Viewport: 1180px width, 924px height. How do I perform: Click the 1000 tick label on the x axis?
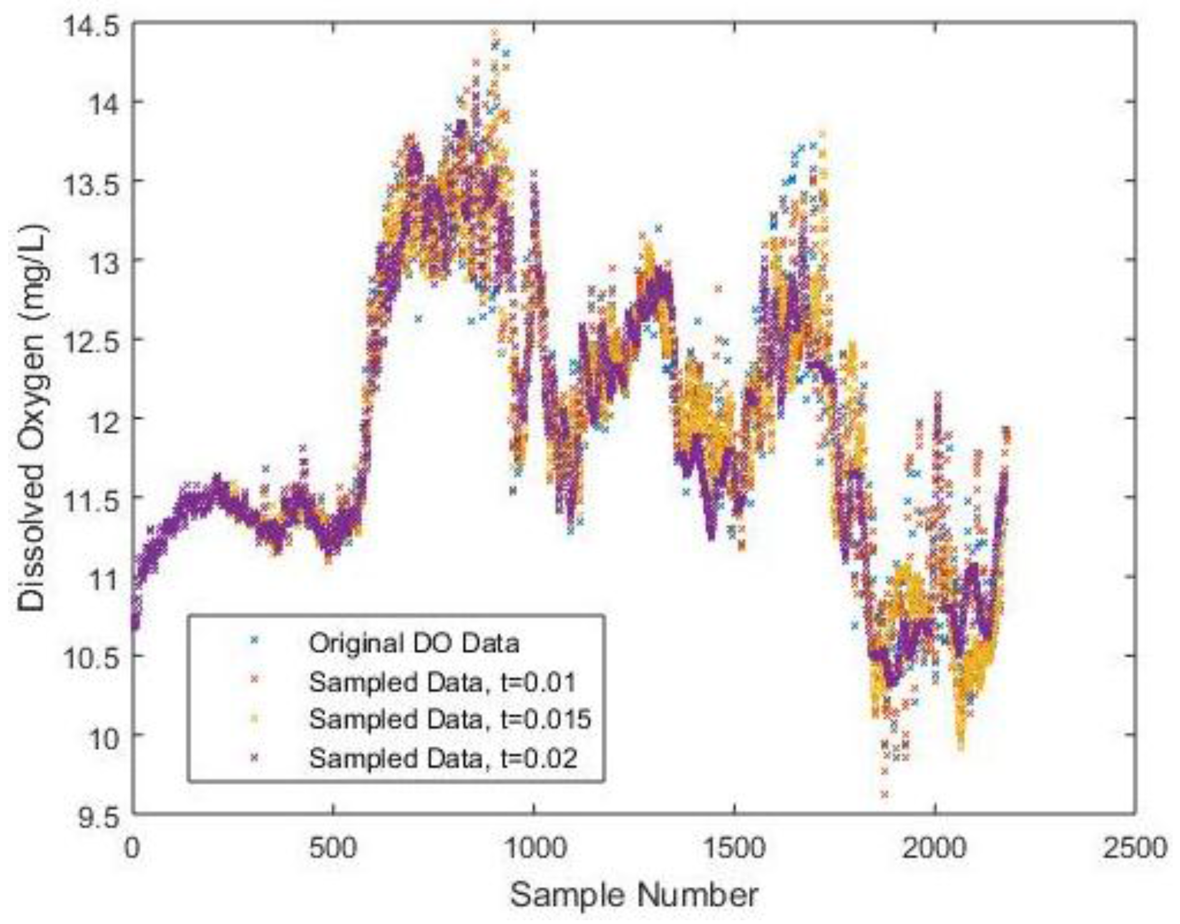tap(534, 849)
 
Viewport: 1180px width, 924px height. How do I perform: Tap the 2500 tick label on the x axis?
tap(1135, 849)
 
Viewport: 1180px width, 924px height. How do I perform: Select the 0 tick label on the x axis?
tap(132, 849)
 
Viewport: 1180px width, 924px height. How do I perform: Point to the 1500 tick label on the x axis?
tap(734, 849)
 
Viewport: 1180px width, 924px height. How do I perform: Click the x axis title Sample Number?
tap(634, 895)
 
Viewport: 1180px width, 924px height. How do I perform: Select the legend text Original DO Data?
tap(414, 643)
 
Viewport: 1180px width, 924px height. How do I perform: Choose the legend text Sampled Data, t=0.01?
tap(442, 682)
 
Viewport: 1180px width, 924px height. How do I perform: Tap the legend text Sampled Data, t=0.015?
tap(450, 720)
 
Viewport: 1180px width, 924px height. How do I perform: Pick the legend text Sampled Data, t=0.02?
tap(443, 759)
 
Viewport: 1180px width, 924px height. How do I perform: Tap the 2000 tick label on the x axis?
tap(935, 849)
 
